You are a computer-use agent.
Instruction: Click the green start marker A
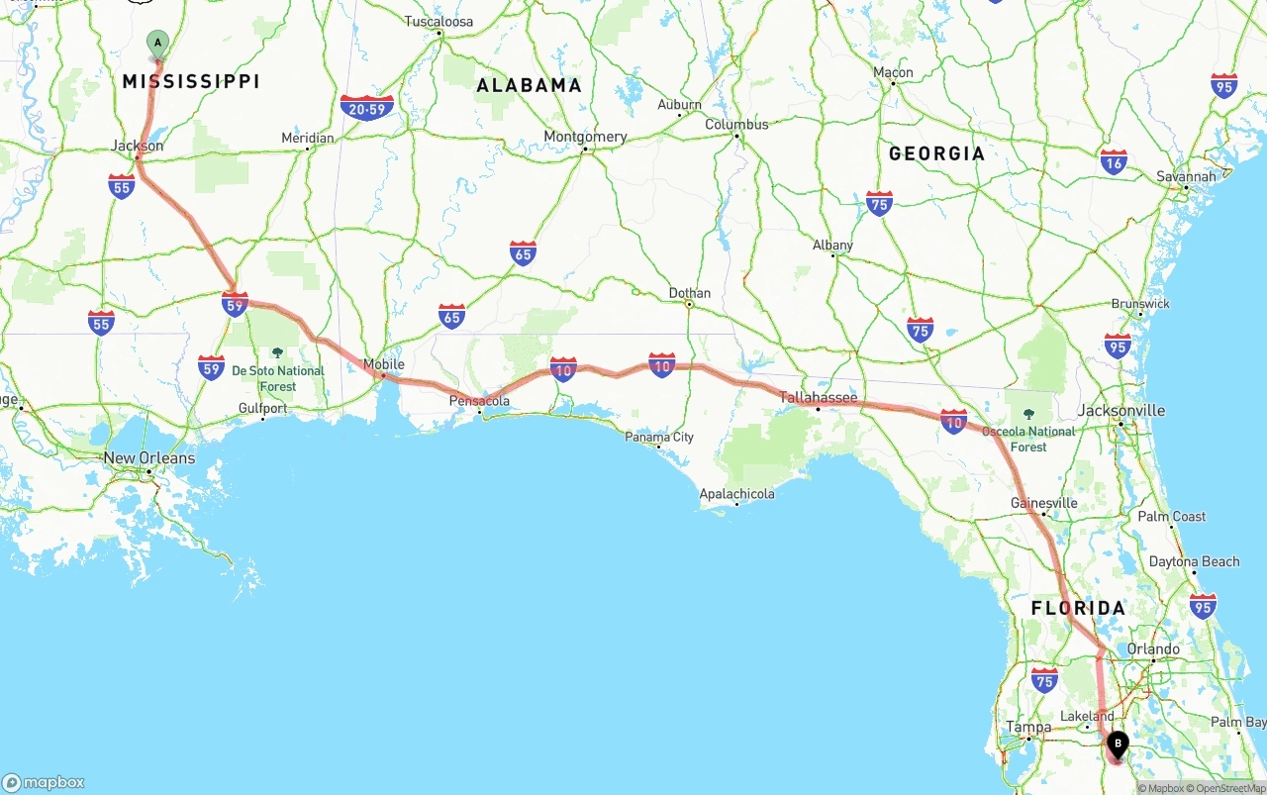coord(157,44)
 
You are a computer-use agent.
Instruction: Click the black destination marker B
coord(1118,744)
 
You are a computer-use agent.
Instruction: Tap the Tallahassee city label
coord(818,397)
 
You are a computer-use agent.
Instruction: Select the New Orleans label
coord(149,458)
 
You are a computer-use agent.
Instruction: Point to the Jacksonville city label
coord(1121,410)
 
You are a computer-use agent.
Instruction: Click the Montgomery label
coord(585,137)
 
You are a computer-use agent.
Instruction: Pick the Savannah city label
coord(1186,176)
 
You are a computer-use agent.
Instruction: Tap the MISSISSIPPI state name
coord(191,81)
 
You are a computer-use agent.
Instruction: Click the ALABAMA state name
coord(529,85)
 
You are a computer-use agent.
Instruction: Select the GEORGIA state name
coord(936,153)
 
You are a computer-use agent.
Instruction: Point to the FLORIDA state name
coord(1078,608)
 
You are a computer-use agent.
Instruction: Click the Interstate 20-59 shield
coord(367,108)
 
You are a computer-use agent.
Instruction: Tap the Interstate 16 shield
coord(1114,161)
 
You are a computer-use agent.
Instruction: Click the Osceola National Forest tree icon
coord(1028,415)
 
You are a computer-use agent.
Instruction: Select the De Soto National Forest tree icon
coord(277,353)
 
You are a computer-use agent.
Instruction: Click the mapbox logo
coord(44,782)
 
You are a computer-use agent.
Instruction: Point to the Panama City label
coord(658,437)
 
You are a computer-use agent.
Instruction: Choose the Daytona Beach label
coord(1194,561)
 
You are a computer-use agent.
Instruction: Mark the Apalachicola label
coord(736,493)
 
